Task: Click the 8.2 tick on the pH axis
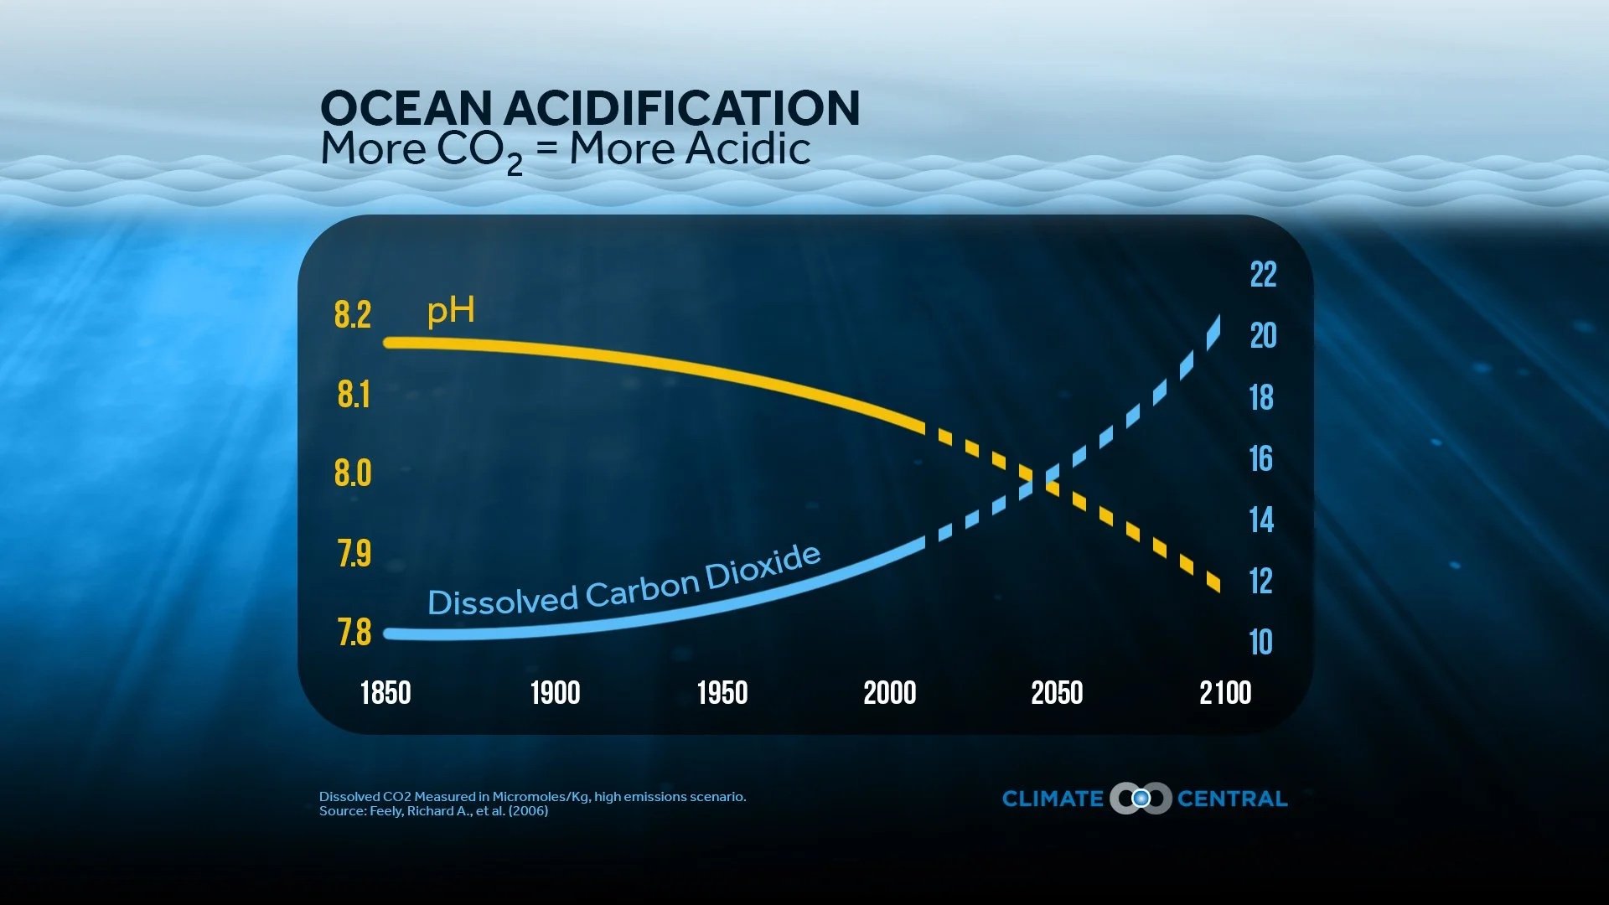352,315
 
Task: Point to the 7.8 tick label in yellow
354,633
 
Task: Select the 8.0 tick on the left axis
352,473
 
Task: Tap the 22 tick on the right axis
1263,275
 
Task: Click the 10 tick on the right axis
1260,643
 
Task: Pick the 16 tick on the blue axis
1260,459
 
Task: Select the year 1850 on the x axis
385,693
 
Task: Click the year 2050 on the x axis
1057,693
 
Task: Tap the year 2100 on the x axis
1224,693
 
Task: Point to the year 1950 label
722,693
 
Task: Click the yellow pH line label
451,312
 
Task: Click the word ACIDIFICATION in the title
681,109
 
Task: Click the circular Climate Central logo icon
1141,799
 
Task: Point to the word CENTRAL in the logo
1232,799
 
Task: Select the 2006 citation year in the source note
528,811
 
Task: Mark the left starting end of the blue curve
389,633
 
